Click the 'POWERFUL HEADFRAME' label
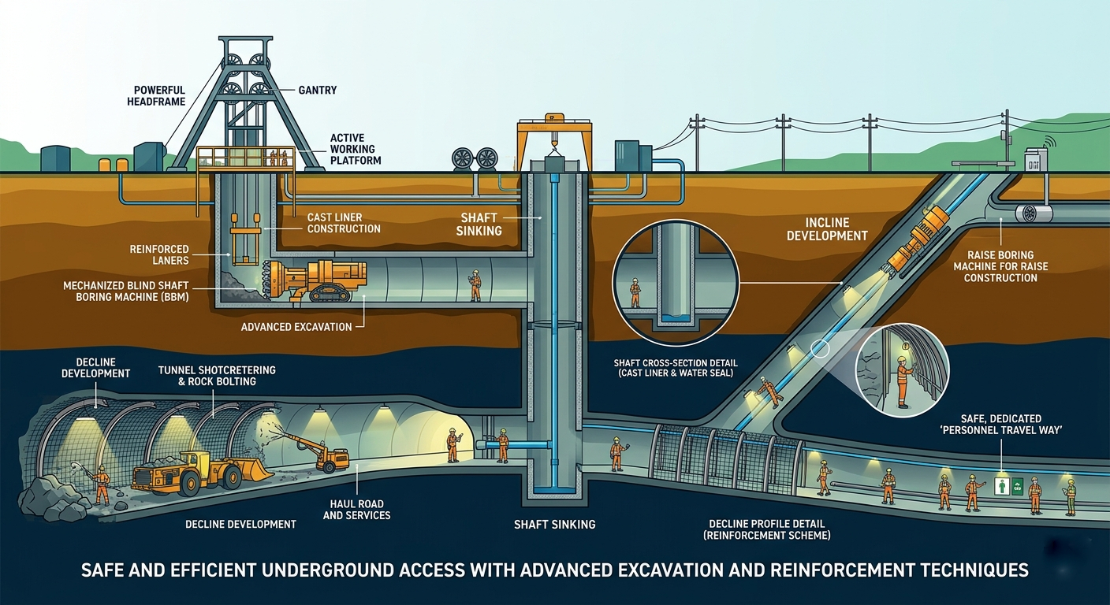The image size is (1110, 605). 156,96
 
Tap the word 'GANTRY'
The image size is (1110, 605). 318,90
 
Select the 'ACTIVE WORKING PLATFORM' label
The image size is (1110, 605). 356,149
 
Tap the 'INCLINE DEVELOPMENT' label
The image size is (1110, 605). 827,229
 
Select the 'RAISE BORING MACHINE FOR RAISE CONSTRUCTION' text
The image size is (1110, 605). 1000,266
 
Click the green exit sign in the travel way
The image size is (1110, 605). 1002,486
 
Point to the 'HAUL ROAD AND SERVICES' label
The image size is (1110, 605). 357,510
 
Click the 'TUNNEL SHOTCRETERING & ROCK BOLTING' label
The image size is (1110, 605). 217,376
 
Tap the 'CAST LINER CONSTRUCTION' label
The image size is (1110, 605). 344,223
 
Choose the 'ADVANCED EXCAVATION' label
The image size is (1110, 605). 296,327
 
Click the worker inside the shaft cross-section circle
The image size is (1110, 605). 635,292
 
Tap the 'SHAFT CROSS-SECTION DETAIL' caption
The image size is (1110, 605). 676,363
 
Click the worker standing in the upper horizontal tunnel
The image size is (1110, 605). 475,285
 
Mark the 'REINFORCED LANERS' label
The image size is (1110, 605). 159,254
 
